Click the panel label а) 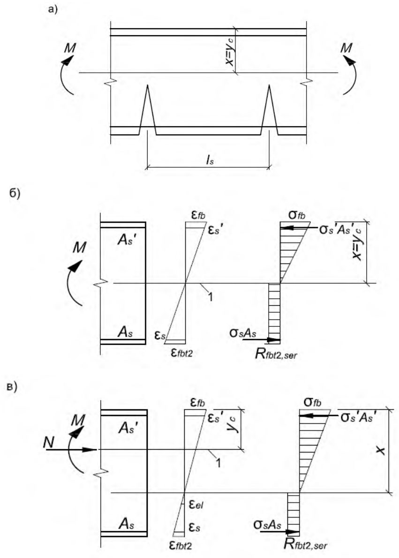click(x=53, y=9)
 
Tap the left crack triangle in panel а click(x=147, y=110)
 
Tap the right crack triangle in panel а click(x=270, y=110)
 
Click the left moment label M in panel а click(x=70, y=48)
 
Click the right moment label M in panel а click(x=346, y=48)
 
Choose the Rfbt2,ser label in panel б click(x=276, y=354)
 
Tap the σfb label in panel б click(x=297, y=215)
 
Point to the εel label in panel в click(x=196, y=505)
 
